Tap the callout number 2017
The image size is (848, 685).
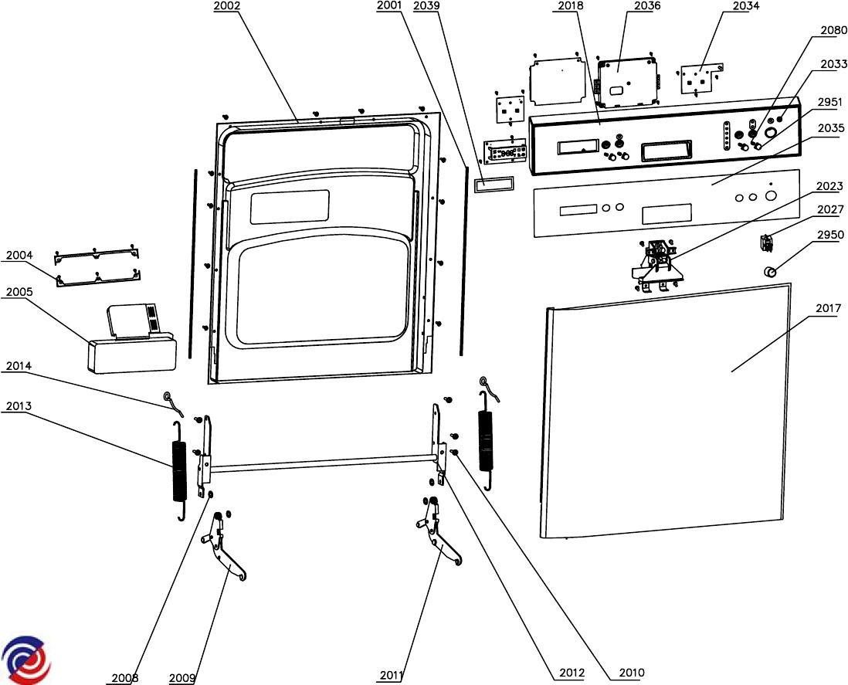[829, 309]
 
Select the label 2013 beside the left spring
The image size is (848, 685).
[19, 406]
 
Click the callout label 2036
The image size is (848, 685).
[647, 6]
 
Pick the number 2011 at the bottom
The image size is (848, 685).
[392, 676]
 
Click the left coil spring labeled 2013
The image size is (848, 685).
[178, 470]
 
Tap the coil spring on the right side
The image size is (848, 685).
[487, 440]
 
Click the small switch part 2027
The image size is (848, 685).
[767, 242]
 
